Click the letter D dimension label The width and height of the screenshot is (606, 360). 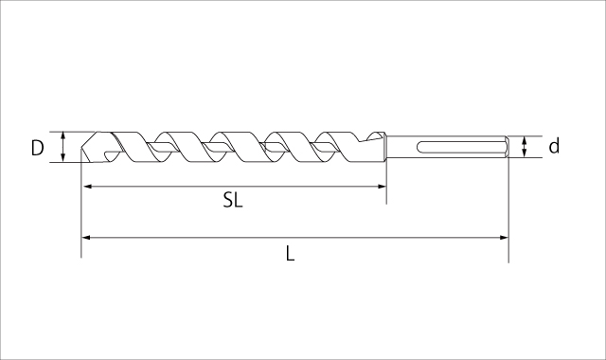[38, 148]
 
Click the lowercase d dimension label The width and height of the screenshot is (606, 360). [554, 147]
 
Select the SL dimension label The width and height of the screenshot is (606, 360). [233, 200]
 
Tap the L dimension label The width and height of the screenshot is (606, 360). [291, 254]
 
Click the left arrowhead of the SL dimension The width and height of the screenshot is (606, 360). [87, 187]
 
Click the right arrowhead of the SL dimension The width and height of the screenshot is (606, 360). [382, 187]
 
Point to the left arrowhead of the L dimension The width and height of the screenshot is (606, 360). [86, 238]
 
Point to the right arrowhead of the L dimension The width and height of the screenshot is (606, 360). [504, 238]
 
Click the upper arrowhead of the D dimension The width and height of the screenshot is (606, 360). [63, 135]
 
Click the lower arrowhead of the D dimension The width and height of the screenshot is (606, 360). [63, 157]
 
